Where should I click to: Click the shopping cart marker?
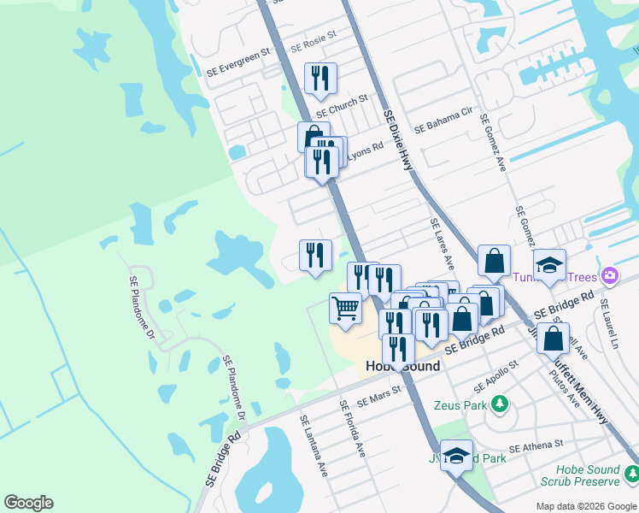coord(345,309)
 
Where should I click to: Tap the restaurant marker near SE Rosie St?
coord(320,79)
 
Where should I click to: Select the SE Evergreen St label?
coord(238,50)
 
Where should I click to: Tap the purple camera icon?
coord(610,275)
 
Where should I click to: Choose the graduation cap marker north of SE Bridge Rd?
coord(549,264)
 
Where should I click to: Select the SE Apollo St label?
coord(495,374)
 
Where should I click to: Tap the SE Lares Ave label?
coord(443,244)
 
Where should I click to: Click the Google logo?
coord(29,503)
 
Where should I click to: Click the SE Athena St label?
coord(536,445)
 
